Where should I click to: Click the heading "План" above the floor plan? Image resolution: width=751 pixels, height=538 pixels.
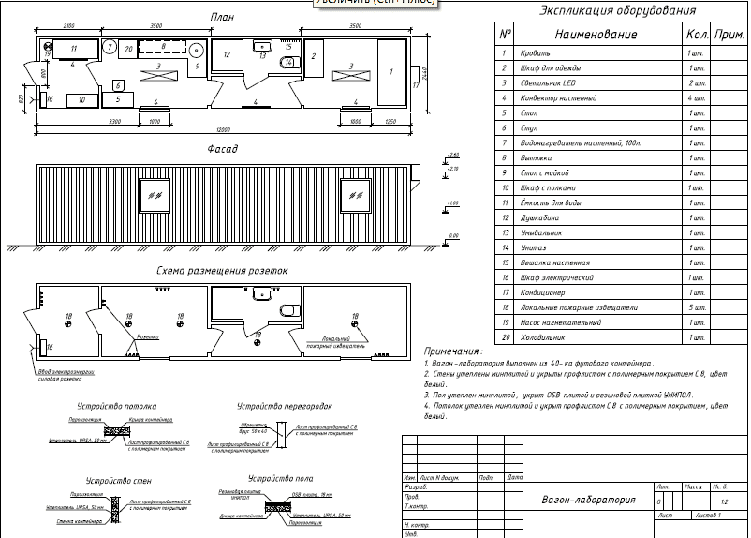(223, 17)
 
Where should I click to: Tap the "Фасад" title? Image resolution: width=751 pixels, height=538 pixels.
(223, 149)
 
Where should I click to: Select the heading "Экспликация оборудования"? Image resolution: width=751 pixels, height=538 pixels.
(619, 12)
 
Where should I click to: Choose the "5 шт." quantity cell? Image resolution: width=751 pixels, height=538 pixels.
(697, 307)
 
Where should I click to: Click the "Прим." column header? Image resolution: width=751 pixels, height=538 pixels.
(728, 34)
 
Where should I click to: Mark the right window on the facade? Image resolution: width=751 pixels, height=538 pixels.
(355, 194)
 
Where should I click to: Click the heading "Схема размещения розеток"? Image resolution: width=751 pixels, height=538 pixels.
(222, 272)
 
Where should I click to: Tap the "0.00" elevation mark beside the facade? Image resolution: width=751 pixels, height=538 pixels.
(453, 236)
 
